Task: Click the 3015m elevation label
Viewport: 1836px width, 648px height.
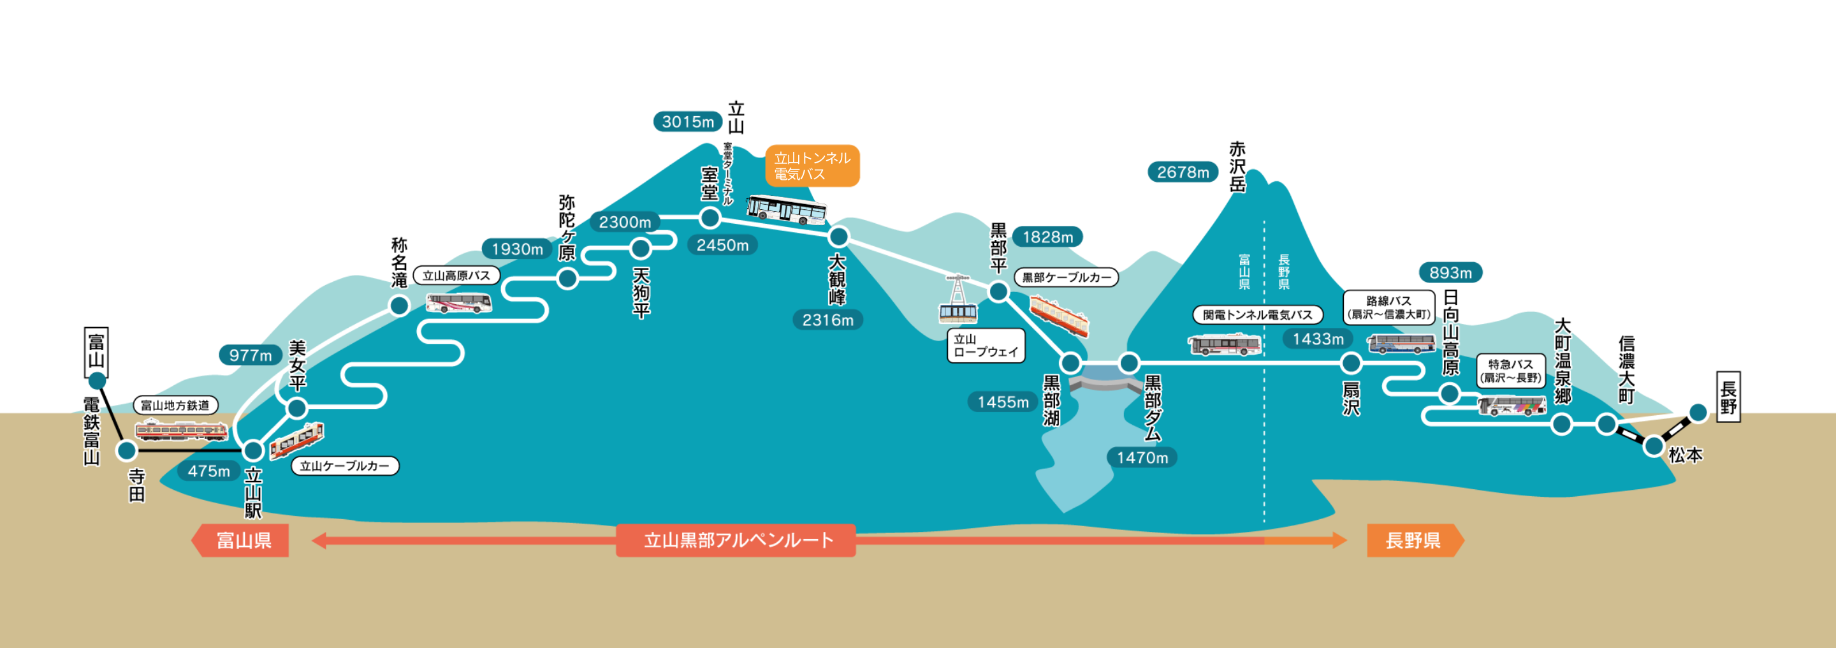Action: coord(687,122)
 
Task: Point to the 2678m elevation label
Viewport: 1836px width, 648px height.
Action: coord(1183,172)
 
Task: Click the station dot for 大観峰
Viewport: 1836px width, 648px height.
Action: coord(839,236)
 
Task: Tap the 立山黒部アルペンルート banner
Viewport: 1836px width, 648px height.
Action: coord(736,540)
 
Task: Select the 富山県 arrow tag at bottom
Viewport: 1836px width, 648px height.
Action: coord(242,540)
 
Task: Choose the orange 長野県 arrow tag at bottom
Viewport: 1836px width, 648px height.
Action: coord(1414,540)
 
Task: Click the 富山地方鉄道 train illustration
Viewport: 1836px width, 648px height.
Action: coord(182,431)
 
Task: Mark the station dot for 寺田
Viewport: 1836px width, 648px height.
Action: coord(127,450)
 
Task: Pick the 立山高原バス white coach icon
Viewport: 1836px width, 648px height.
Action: coord(459,303)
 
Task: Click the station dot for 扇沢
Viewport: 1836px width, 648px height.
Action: coord(1351,364)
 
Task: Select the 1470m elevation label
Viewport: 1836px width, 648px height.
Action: coord(1142,458)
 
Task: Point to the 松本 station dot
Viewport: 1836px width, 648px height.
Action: coord(1654,447)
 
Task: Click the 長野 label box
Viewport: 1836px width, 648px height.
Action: coord(1728,397)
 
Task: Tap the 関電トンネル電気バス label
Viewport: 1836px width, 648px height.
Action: coord(1257,315)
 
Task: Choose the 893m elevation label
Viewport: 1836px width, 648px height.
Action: coord(1450,273)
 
